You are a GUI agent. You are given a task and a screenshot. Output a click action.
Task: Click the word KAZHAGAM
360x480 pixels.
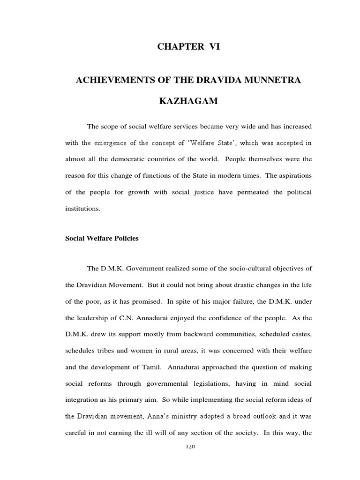[188, 102]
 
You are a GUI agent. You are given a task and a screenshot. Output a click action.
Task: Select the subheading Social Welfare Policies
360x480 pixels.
[102, 238]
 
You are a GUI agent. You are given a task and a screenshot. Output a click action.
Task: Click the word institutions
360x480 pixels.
[82, 209]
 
